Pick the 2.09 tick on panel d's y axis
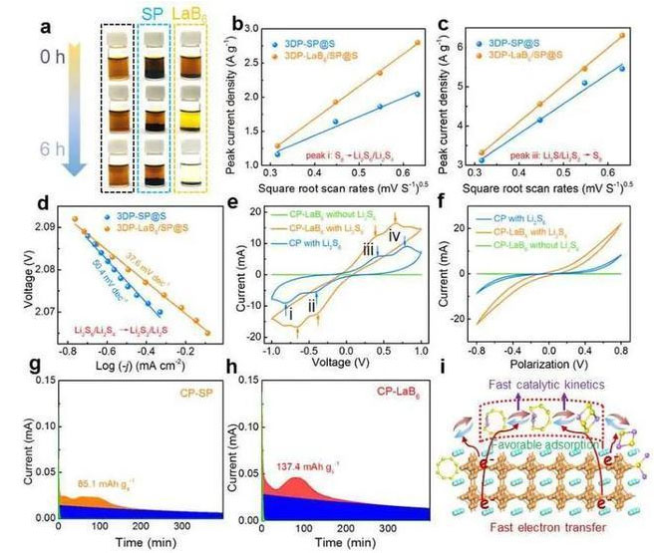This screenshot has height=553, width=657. coord(53,227)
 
